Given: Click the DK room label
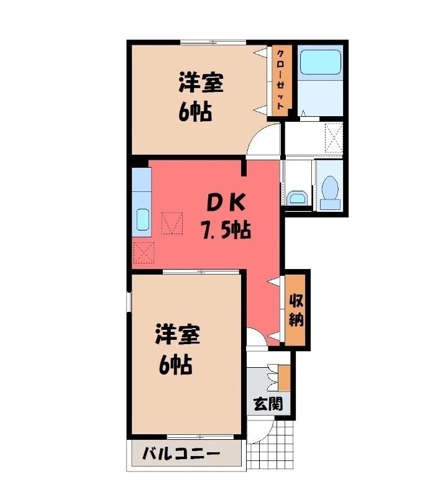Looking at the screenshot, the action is (x=226, y=203).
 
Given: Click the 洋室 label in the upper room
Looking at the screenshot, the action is (x=201, y=82).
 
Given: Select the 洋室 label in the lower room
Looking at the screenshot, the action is (x=178, y=334).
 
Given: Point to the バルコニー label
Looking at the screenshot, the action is (x=181, y=454).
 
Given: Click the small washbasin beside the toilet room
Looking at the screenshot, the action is (x=297, y=198).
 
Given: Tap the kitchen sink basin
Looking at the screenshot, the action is (x=143, y=220).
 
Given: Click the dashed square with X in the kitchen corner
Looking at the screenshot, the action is (x=144, y=253).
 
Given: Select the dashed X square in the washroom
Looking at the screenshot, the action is (x=334, y=138).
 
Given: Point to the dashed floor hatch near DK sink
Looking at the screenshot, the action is (x=172, y=223).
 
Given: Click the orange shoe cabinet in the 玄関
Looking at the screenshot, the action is (x=285, y=378).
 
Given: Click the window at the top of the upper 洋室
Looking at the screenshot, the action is (x=213, y=42).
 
